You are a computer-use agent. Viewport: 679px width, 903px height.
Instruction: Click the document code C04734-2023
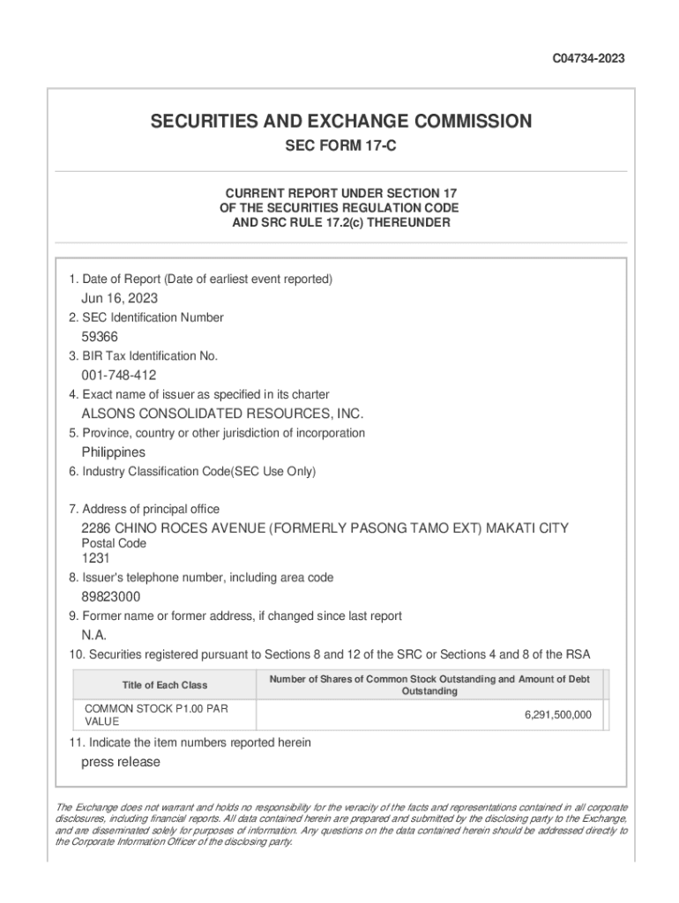pos(589,59)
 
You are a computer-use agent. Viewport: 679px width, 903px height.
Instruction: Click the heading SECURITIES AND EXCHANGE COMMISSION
pos(340,122)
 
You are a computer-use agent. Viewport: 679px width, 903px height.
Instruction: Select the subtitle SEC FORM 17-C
pos(340,146)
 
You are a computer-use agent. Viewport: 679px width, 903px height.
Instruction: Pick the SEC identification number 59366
pos(100,337)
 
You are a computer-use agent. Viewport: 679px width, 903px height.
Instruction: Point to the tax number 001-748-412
pos(119,375)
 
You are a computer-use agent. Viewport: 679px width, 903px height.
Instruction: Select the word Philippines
pos(114,451)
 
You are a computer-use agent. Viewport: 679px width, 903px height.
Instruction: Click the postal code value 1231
pos(95,557)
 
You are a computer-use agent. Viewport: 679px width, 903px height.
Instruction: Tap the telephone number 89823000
pos(111,597)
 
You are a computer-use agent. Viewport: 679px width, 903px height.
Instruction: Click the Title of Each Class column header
pos(165,685)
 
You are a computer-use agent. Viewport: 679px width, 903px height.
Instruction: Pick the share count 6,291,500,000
pos(557,715)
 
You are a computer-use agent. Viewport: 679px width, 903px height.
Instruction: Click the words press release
pos(121,762)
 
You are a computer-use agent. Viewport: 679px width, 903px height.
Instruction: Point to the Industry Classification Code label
pos(192,472)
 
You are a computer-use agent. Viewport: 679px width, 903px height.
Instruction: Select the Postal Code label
pos(114,543)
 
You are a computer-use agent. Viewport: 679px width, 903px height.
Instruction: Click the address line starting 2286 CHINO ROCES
pos(325,528)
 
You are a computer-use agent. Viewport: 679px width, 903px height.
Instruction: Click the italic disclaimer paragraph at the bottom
pos(340,825)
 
